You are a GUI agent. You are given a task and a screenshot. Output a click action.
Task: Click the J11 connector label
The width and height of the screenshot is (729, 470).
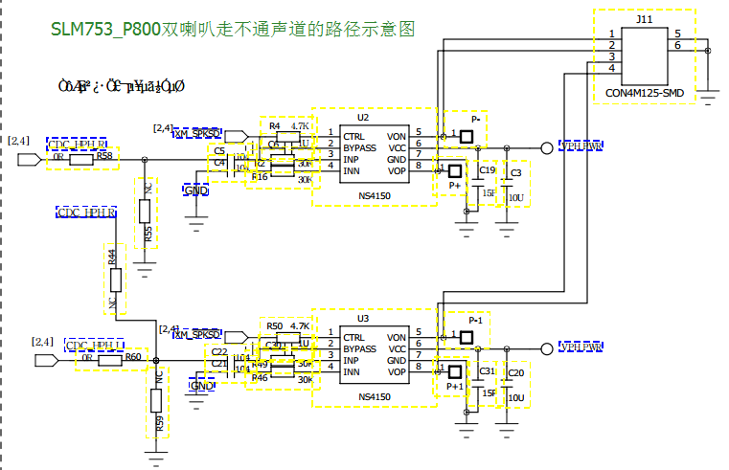point(644,18)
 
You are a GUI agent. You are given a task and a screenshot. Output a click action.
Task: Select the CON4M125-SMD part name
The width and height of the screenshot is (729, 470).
point(645,93)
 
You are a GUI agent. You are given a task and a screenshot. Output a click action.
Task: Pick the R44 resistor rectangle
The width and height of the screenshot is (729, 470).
point(115,280)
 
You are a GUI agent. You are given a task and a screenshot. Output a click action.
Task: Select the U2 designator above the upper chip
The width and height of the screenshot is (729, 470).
point(363,117)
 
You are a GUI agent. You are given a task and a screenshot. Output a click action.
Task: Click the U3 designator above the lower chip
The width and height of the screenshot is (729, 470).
point(363,319)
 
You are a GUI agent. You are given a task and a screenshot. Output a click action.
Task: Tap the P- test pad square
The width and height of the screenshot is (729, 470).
point(467,136)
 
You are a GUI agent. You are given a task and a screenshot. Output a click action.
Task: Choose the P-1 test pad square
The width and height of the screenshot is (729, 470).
point(467,337)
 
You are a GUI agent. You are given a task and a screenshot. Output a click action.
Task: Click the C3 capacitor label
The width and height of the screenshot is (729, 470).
point(516,172)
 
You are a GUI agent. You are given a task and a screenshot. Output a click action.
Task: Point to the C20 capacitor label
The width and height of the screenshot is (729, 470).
point(515,372)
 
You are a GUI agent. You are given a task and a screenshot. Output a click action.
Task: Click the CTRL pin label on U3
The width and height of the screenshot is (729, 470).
point(353,338)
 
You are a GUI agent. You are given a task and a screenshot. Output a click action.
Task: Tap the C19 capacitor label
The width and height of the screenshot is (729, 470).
point(487,170)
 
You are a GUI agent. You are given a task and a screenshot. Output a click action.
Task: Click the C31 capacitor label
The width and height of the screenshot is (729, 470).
point(487,370)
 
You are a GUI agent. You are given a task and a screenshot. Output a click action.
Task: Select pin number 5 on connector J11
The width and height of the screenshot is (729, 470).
point(677,34)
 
